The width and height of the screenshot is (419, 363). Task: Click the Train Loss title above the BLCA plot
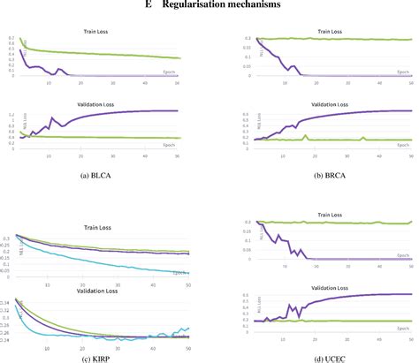pyautogui.click(x=97, y=28)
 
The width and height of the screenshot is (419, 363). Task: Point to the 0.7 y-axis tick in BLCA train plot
pyautogui.click(x=11, y=38)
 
